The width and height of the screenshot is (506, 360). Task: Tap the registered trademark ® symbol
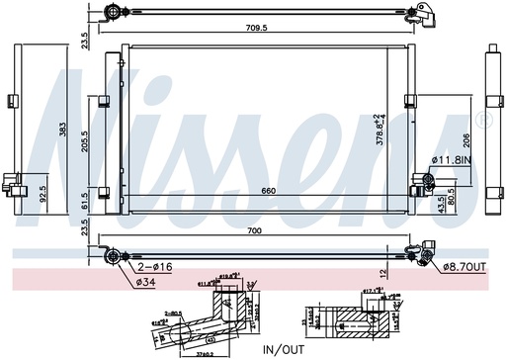click(482, 121)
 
